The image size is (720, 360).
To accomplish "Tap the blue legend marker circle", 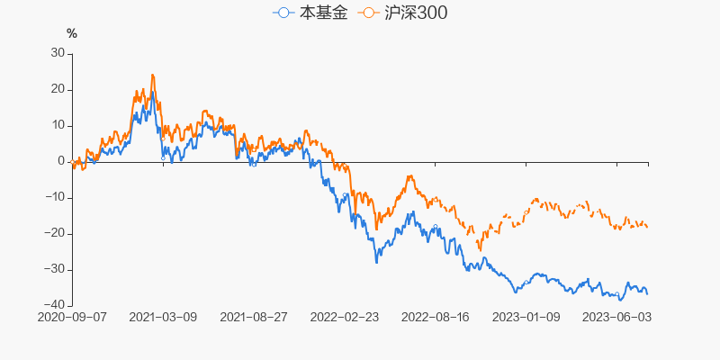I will pos(285,13).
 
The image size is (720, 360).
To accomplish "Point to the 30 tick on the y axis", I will pos(58,53).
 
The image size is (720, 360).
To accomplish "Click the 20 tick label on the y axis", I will pos(58,89).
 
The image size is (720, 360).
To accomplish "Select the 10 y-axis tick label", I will pos(58,125).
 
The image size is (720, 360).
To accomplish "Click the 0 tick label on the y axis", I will pos(61,161).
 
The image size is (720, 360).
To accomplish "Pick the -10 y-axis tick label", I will pos(55,197).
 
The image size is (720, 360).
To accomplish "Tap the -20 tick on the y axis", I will pos(55,233).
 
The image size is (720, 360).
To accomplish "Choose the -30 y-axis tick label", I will pos(55,269).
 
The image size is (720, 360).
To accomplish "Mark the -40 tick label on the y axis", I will pos(55,305).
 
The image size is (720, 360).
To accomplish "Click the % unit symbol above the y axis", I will pos(72,33).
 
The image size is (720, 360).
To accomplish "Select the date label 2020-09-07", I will pos(72,318).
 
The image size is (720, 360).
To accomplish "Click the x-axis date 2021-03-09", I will pos(163,318).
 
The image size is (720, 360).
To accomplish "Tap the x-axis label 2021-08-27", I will pos(254,318).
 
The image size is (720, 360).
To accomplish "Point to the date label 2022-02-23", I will pos(345,318).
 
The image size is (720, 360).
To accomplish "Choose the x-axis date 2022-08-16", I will pos(436,318).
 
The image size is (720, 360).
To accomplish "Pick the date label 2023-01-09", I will pos(526,318).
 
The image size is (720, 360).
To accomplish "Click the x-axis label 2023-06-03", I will pos(617,318).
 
